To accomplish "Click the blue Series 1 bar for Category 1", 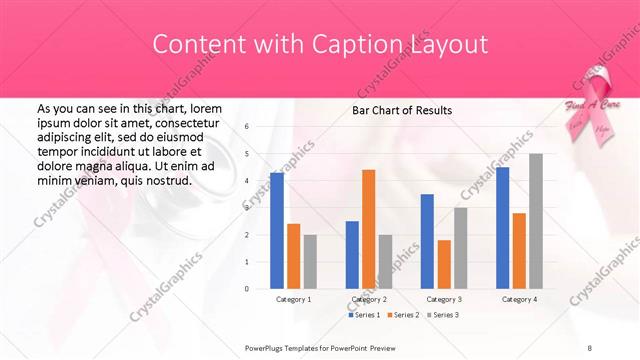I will pyautogui.click(x=277, y=231).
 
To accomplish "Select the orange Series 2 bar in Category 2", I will pyautogui.click(x=368, y=229).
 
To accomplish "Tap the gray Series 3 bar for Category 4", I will pyautogui.click(x=536, y=221).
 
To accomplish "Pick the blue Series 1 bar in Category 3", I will pyautogui.click(x=427, y=241).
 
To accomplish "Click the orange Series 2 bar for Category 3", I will pyautogui.click(x=444, y=264).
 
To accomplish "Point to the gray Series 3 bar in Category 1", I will pyautogui.click(x=310, y=262).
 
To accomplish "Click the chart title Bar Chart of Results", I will pyautogui.click(x=401, y=110).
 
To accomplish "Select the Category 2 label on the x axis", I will pyautogui.click(x=369, y=299).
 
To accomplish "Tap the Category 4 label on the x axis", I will pyautogui.click(x=519, y=299).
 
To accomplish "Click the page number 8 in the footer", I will pyautogui.click(x=589, y=347).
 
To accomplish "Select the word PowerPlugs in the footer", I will pyautogui.click(x=267, y=347).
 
